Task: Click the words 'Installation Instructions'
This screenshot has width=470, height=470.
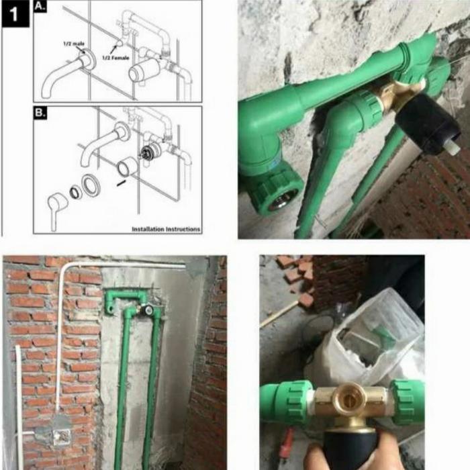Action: tap(166, 229)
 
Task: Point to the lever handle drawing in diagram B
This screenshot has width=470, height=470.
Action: tap(56, 205)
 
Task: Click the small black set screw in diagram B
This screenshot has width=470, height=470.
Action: tap(121, 181)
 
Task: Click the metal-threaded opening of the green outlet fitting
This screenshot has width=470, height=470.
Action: tap(282, 197)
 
